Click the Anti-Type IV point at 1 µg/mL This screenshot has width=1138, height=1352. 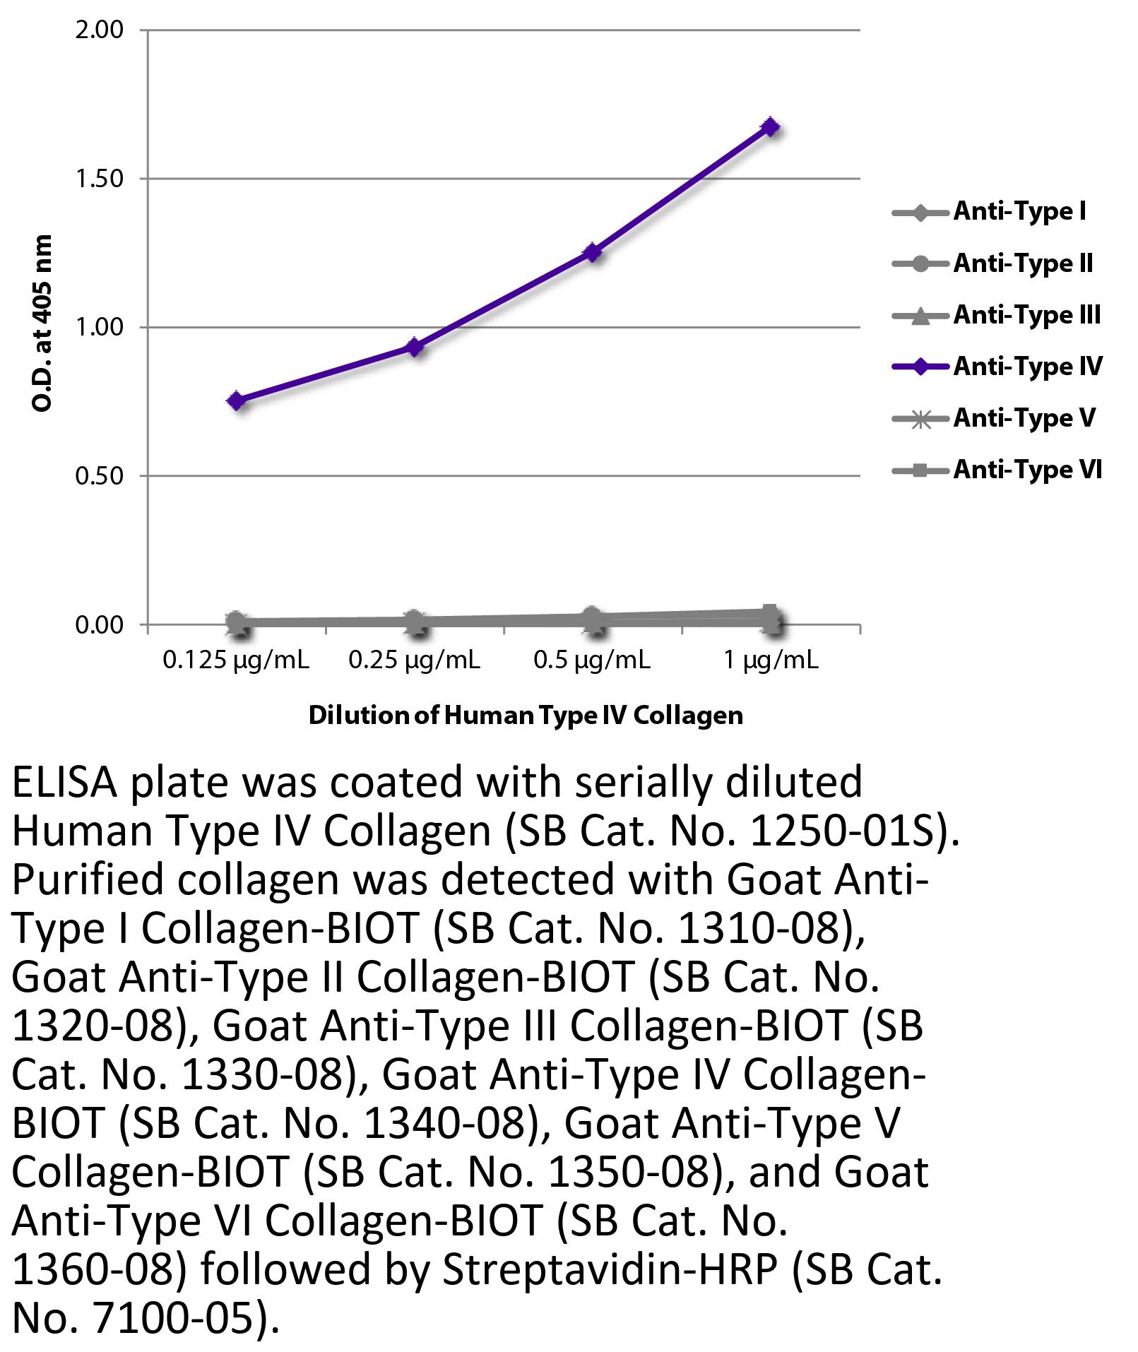tap(771, 127)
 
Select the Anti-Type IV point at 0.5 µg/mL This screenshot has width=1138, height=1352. tap(593, 252)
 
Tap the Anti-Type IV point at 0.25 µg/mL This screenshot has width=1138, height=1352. tap(415, 347)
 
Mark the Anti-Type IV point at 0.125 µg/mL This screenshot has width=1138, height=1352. tap(237, 401)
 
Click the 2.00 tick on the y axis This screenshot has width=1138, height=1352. tap(99, 30)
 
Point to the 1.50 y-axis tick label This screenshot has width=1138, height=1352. tap(99, 179)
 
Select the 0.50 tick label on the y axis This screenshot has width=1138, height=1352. tap(99, 476)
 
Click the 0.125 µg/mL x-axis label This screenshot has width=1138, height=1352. tap(236, 660)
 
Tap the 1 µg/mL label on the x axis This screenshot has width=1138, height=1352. tap(771, 660)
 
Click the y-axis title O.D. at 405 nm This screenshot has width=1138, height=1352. tap(42, 324)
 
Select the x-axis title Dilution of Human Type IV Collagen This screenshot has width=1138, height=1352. tap(526, 716)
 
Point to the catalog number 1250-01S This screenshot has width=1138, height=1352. tap(846, 831)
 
